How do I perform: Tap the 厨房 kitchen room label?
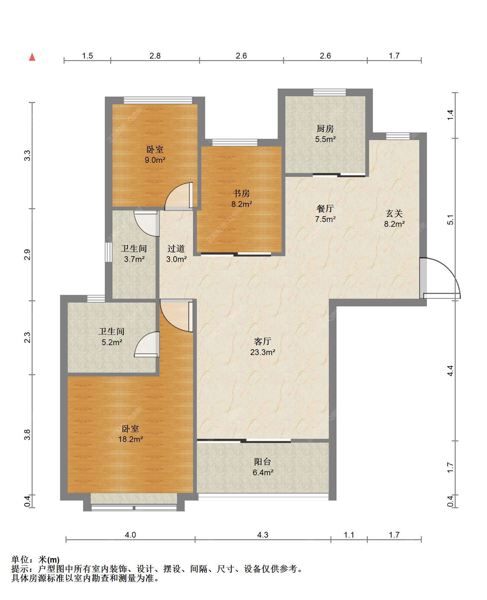click(x=325, y=129)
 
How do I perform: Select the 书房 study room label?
click(x=241, y=193)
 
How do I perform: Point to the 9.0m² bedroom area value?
click(x=155, y=160)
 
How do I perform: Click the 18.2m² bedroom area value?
click(x=130, y=439)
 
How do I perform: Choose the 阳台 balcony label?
click(x=263, y=462)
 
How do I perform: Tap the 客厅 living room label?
click(x=263, y=341)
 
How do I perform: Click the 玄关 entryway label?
click(x=394, y=213)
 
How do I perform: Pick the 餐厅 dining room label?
click(x=325, y=209)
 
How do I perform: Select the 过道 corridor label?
click(x=176, y=249)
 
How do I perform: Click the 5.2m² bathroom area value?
click(x=112, y=342)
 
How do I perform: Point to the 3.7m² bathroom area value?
click(x=134, y=259)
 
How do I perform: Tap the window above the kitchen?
click(x=329, y=92)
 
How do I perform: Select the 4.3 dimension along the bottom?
click(x=263, y=535)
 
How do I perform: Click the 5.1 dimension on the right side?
click(x=450, y=220)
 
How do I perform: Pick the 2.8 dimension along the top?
click(x=155, y=56)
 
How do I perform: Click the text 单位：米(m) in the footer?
click(x=35, y=560)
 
